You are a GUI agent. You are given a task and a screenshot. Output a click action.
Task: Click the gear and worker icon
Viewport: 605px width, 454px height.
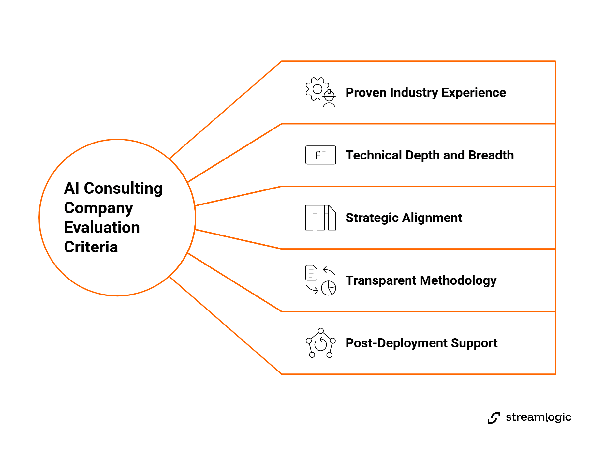(x=320, y=92)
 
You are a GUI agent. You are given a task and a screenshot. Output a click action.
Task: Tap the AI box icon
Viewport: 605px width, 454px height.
(x=320, y=155)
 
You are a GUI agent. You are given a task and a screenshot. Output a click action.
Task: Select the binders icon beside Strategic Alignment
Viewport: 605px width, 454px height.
(x=320, y=218)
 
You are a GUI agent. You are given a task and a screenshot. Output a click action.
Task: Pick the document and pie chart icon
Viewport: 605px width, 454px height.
(x=320, y=280)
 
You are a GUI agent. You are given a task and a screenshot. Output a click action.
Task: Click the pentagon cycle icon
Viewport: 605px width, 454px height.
(x=320, y=343)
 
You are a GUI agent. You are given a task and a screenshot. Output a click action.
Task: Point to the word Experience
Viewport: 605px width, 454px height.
(x=474, y=93)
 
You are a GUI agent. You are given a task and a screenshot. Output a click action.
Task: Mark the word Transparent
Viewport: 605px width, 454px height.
(x=381, y=280)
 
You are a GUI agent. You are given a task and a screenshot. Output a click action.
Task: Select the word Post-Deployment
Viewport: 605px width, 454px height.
(x=396, y=343)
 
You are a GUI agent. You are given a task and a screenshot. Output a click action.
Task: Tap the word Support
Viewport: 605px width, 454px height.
(x=474, y=343)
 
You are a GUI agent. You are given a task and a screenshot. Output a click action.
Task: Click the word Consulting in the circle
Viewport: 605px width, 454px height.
(x=123, y=189)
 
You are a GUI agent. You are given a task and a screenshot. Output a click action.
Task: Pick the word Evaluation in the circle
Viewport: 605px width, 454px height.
(x=102, y=227)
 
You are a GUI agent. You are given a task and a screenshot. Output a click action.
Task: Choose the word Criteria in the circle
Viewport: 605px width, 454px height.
(x=91, y=247)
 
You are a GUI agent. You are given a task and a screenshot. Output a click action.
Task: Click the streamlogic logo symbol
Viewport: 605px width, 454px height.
(x=494, y=418)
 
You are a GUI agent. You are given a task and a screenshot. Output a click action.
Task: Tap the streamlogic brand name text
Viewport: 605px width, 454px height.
(x=539, y=417)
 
